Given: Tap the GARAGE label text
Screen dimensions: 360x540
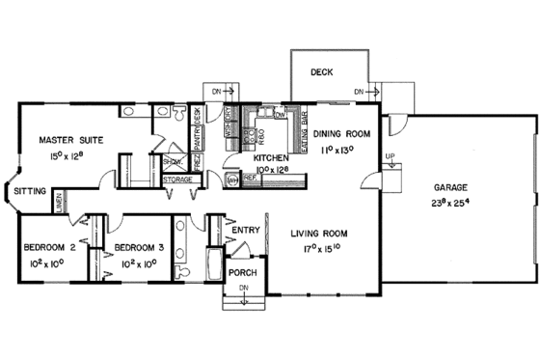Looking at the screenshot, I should [x=452, y=190].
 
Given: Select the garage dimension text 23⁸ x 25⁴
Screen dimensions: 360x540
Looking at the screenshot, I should [x=452, y=204].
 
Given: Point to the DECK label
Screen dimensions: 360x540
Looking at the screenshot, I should [x=322, y=72].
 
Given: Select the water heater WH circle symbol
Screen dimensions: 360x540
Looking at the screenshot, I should [x=231, y=180].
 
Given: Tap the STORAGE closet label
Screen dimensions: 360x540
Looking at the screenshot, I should [x=177, y=180].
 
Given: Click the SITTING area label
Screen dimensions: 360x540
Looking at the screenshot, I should [x=30, y=192].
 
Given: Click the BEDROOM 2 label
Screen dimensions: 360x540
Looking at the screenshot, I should [x=48, y=247].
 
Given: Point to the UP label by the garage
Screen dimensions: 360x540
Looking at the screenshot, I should [x=390, y=155].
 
